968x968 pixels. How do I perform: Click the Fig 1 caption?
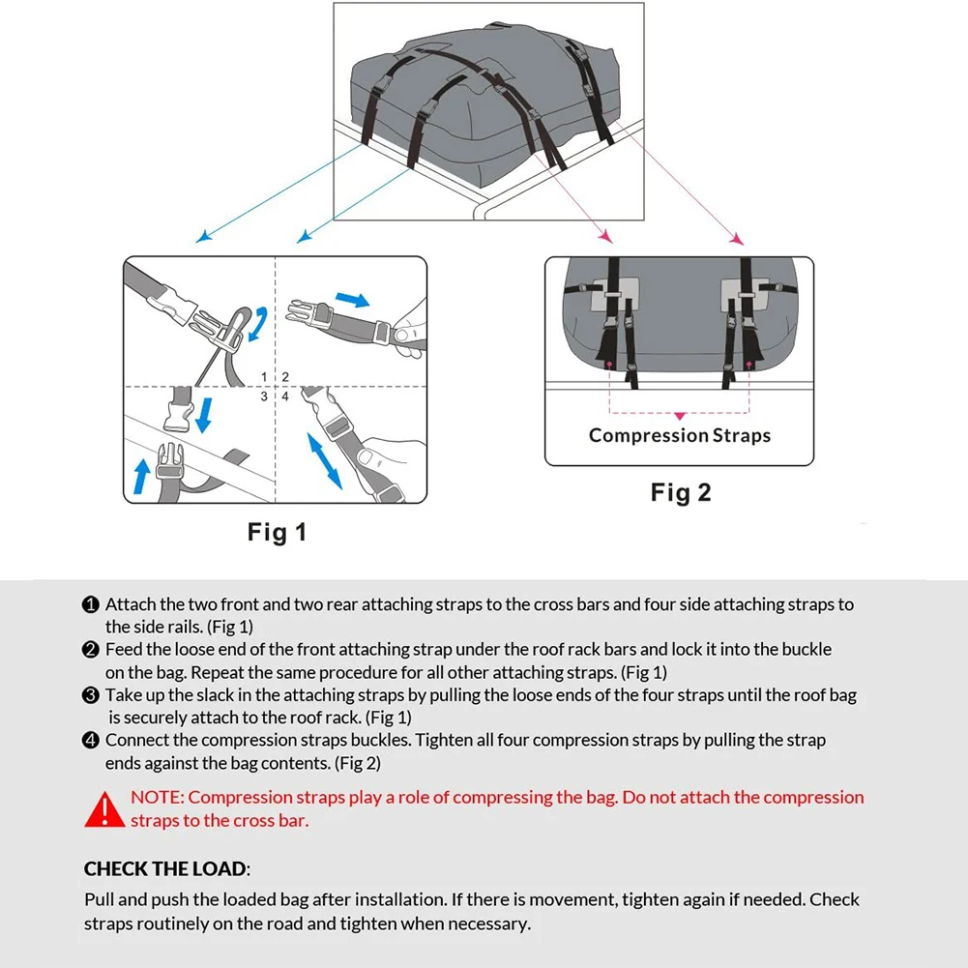click(x=277, y=532)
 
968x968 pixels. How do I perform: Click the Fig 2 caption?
click(x=681, y=492)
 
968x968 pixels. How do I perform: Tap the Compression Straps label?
click(x=680, y=435)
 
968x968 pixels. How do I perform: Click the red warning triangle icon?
click(x=104, y=809)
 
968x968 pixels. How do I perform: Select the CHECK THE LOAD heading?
click(x=166, y=868)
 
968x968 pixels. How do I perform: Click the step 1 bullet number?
click(x=91, y=604)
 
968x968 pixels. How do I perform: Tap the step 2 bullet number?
click(x=91, y=649)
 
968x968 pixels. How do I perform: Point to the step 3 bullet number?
click(x=91, y=695)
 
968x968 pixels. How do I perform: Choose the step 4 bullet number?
click(x=91, y=741)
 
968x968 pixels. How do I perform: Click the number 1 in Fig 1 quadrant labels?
click(x=265, y=376)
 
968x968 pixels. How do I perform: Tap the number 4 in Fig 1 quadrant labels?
click(x=285, y=396)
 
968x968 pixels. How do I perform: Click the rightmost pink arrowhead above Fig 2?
click(x=737, y=238)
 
